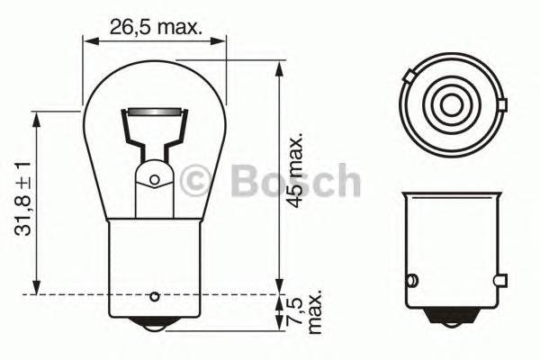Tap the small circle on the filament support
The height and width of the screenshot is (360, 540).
point(153,180)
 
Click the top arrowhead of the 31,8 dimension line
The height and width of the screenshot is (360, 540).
point(35,130)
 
